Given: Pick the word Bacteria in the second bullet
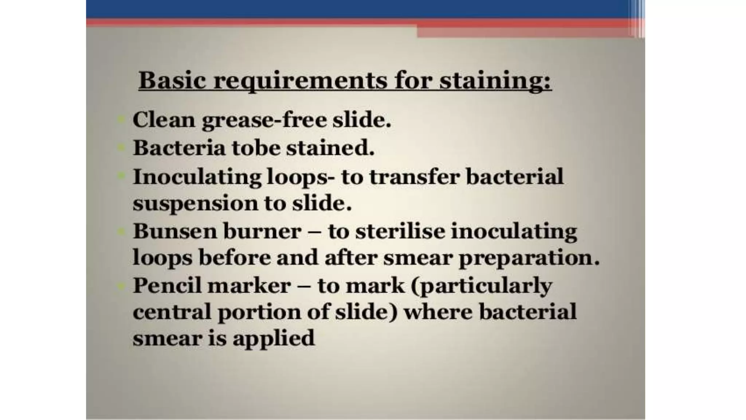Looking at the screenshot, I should pyautogui.click(x=179, y=148).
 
